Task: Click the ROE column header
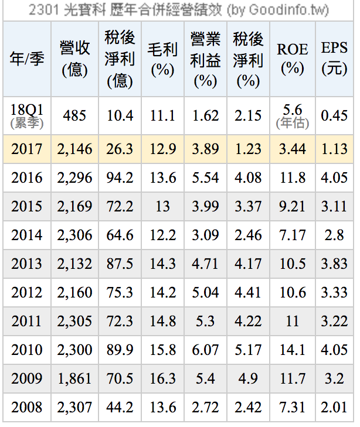292,59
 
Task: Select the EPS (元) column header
334,59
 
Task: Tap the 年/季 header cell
27,59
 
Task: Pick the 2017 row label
27,149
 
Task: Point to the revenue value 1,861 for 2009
74,379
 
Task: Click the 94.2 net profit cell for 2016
120,178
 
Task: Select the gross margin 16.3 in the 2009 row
162,379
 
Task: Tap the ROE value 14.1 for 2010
292,350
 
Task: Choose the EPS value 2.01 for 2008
334,408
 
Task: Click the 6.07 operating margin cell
205,350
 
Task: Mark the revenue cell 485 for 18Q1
74,115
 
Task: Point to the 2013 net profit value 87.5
120,264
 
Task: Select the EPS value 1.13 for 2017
334,149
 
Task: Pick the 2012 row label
27,293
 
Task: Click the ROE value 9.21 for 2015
292,207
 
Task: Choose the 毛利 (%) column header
162,59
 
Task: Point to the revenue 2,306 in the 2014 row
74,235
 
